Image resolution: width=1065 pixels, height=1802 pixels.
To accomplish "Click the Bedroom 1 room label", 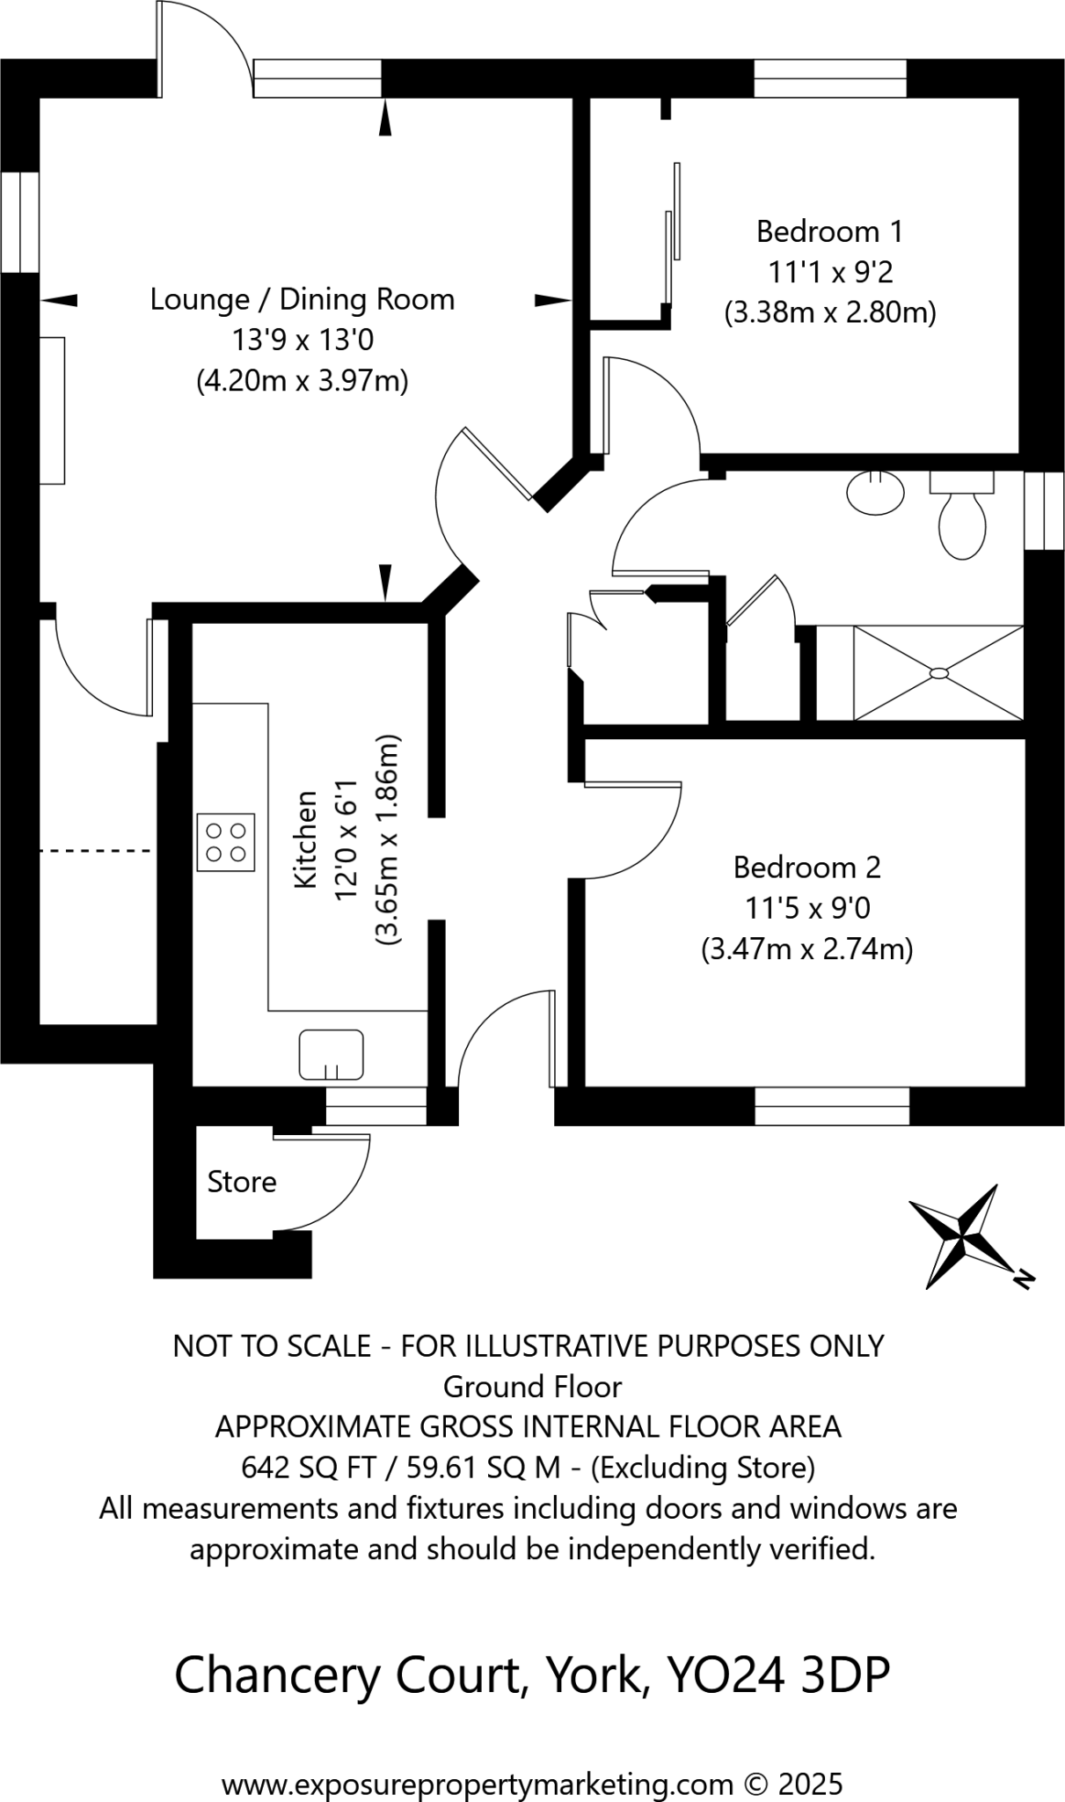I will pyautogui.click(x=829, y=231).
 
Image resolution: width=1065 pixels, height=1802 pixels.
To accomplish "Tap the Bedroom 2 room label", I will pyautogui.click(x=806, y=868).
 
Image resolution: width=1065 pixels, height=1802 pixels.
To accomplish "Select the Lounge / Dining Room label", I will pyautogui.click(x=302, y=299).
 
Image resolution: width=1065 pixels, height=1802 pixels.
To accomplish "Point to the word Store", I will pyautogui.click(x=242, y=1182).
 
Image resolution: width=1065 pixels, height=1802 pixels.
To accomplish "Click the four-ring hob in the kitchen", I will pyautogui.click(x=226, y=842).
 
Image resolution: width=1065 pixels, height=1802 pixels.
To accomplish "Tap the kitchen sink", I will pyautogui.click(x=332, y=1054).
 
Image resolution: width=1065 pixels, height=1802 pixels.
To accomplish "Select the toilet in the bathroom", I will pyautogui.click(x=962, y=519).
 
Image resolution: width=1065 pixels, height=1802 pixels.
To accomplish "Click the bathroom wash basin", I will pyautogui.click(x=876, y=491).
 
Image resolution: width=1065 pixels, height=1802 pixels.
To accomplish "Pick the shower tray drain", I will pyautogui.click(x=938, y=673).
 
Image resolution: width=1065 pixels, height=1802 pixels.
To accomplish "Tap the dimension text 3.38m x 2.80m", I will pyautogui.click(x=829, y=313).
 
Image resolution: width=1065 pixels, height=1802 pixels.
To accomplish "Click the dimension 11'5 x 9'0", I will pyautogui.click(x=806, y=908).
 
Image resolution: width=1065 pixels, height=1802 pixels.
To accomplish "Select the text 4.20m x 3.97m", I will pyautogui.click(x=302, y=382).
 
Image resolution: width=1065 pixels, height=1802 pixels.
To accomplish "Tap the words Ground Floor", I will pyautogui.click(x=532, y=1387).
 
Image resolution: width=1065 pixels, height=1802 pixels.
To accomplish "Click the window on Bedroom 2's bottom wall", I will pyautogui.click(x=831, y=1106).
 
